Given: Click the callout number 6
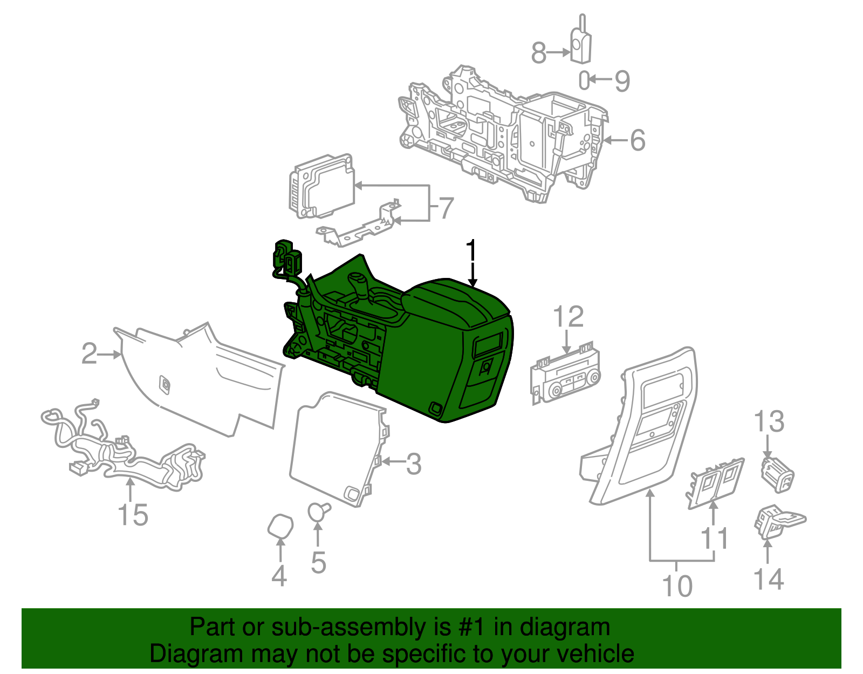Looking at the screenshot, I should [638, 140].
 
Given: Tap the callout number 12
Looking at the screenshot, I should [569, 317].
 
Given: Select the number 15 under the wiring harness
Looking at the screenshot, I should [133, 515].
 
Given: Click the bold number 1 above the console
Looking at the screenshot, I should [472, 252].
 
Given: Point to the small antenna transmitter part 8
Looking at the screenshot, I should [581, 46].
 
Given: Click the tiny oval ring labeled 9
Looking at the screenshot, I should [584, 80].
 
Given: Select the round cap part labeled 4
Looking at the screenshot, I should [281, 526].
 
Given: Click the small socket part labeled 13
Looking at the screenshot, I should [777, 474].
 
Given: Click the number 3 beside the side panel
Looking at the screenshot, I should [413, 464].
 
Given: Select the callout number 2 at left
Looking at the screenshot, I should [89, 354].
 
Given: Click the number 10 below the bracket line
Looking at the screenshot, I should [677, 586].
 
